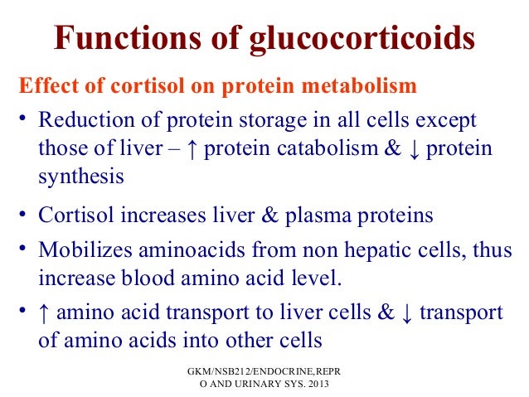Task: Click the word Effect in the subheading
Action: pos(46,85)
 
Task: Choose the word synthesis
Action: pos(81,177)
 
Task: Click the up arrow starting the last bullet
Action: pos(45,313)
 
